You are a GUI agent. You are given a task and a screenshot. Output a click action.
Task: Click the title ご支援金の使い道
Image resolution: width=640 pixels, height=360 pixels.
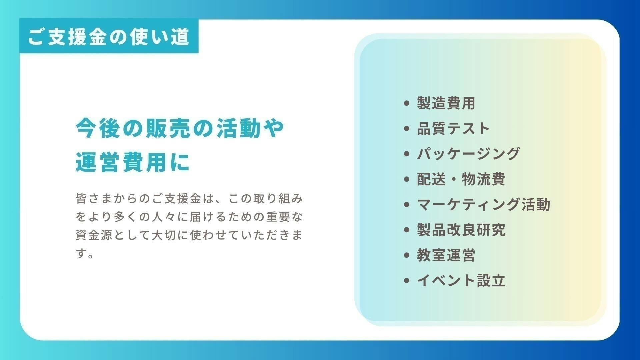[x=109, y=37]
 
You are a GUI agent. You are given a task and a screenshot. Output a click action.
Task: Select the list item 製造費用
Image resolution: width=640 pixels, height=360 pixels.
[x=446, y=103]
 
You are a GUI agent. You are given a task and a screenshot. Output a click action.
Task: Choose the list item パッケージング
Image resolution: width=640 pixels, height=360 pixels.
[x=468, y=154]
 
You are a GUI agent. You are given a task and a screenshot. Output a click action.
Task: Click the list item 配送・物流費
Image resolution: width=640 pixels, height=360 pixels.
[x=461, y=179]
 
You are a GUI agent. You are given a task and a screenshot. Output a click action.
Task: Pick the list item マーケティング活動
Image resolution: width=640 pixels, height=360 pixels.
[x=483, y=204]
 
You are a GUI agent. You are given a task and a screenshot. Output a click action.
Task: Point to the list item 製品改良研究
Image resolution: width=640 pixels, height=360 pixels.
[x=461, y=230]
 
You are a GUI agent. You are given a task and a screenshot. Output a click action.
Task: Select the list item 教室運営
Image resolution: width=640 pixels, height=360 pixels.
[x=446, y=255]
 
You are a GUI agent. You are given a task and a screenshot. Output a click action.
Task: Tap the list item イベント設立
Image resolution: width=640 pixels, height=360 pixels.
[x=461, y=280]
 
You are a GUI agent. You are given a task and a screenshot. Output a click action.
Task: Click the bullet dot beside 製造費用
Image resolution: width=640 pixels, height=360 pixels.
[x=406, y=103]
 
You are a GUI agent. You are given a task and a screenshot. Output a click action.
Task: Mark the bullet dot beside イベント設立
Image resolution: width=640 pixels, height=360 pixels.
[x=406, y=280]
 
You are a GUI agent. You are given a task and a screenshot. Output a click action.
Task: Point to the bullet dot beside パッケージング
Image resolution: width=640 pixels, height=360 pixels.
[x=406, y=154]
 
